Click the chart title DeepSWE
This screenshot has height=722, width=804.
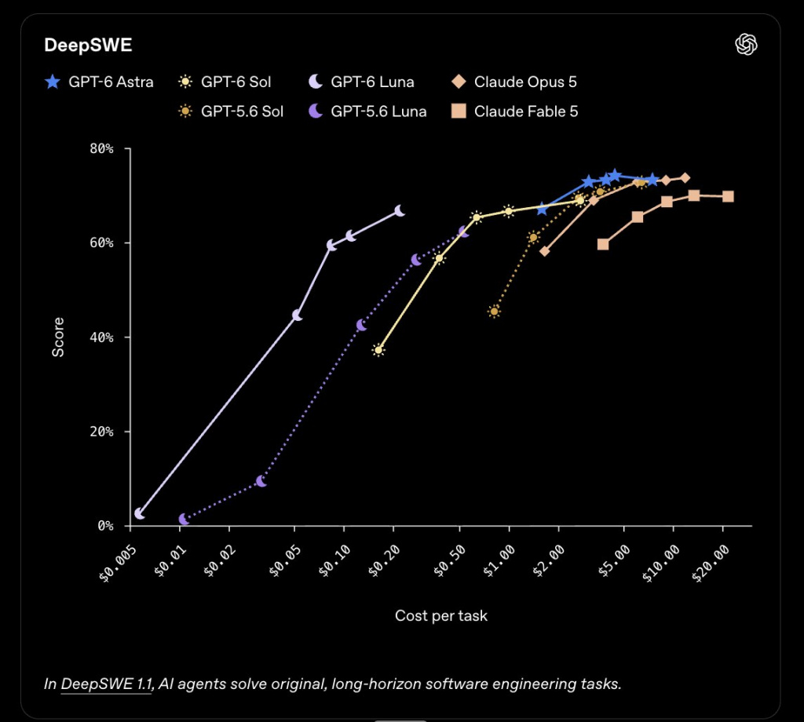point(88,45)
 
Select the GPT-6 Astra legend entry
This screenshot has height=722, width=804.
point(99,82)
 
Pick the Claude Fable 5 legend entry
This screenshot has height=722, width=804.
point(514,111)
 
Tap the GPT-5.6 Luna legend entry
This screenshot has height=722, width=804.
point(367,111)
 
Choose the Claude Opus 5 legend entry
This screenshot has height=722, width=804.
point(513,82)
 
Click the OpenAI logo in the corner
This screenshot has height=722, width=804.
point(746,44)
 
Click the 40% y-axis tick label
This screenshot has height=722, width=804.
point(101,337)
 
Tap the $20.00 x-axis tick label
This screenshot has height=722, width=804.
point(711,563)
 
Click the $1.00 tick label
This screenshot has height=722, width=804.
point(499,561)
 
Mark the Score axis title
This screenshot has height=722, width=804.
point(58,337)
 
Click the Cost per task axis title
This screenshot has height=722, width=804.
point(441,615)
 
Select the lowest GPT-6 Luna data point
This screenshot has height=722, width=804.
point(140,513)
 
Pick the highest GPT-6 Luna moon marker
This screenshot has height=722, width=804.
point(400,210)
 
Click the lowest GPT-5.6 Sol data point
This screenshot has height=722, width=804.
point(495,311)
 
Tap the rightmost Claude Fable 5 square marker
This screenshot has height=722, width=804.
point(728,196)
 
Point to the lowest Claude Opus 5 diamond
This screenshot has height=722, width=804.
point(545,251)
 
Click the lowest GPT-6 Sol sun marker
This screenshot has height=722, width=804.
point(378,350)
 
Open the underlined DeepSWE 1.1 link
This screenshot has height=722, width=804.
point(107,684)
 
